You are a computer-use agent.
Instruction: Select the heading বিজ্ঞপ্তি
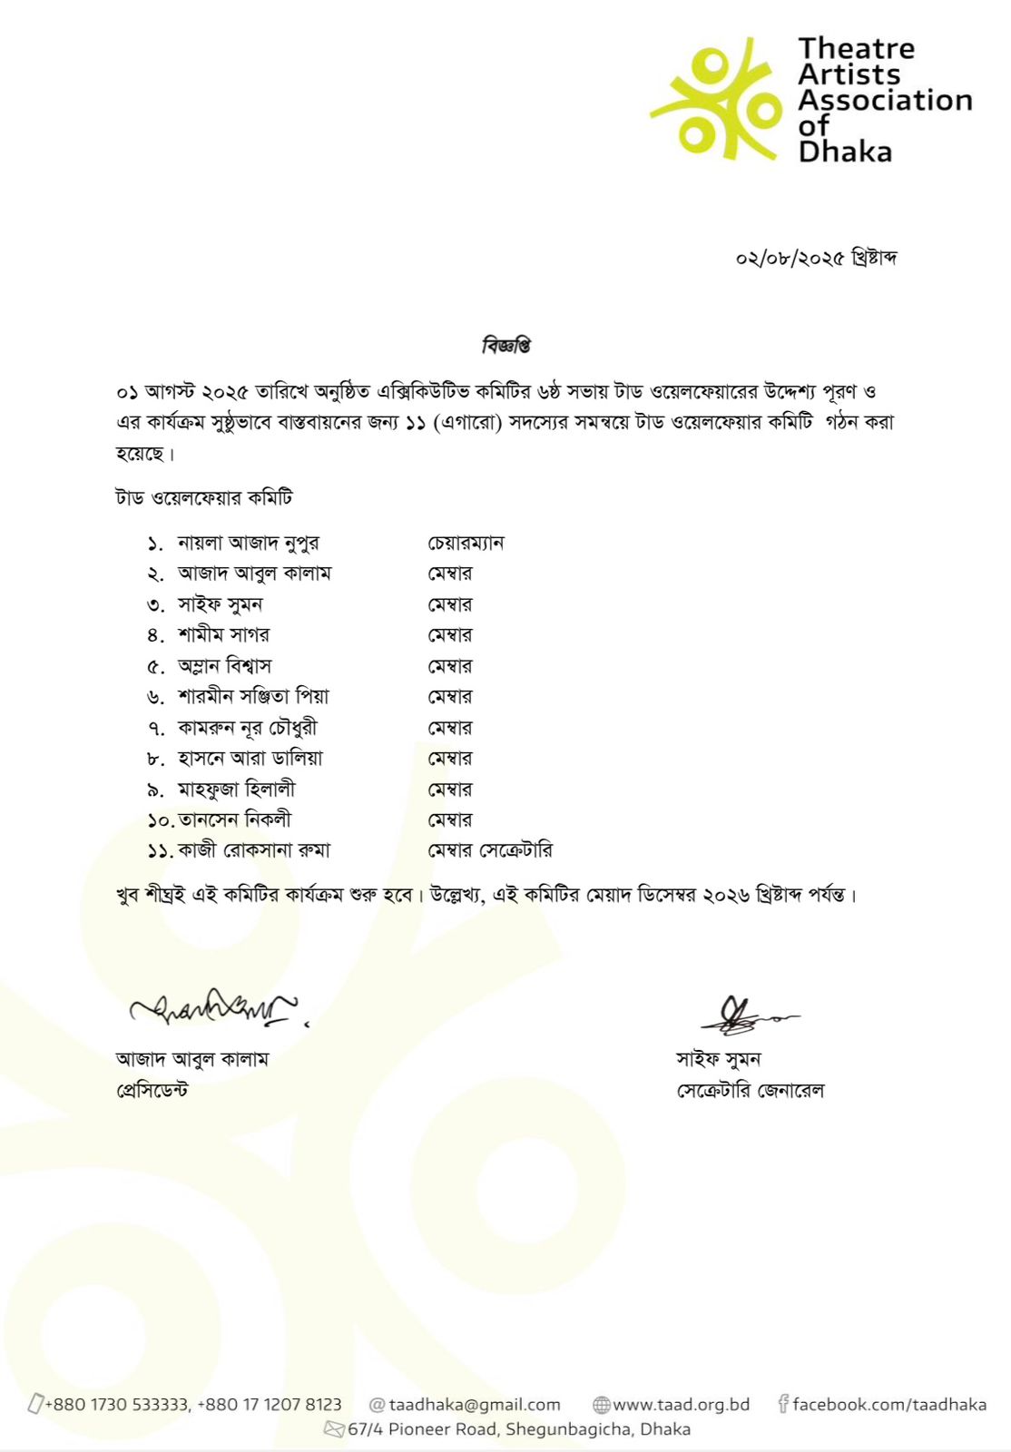pyautogui.click(x=505, y=346)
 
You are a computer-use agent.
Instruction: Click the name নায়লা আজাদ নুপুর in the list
pyautogui.click(x=248, y=544)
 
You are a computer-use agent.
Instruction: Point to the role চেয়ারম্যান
pyautogui.click(x=466, y=544)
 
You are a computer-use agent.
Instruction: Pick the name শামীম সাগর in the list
pyautogui.click(x=223, y=635)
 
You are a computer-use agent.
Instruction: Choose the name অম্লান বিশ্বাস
pyautogui.click(x=224, y=666)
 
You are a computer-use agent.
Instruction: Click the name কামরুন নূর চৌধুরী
pyautogui.click(x=247, y=728)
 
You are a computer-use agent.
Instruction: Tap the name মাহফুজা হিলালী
pyautogui.click(x=236, y=790)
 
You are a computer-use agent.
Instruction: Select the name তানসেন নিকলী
pyautogui.click(x=234, y=820)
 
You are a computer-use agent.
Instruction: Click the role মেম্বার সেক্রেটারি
pyautogui.click(x=490, y=851)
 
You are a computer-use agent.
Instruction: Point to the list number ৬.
pyautogui.click(x=155, y=698)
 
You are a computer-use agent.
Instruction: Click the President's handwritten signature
pyautogui.click(x=214, y=1007)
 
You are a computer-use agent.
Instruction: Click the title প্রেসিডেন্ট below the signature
pyautogui.click(x=152, y=1091)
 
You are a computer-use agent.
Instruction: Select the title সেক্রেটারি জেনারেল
pyautogui.click(x=750, y=1091)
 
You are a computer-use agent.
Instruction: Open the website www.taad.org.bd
pyautogui.click(x=681, y=1405)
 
